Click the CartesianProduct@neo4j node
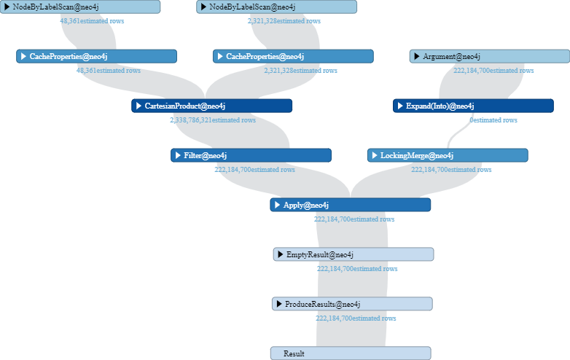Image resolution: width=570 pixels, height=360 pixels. coord(211,106)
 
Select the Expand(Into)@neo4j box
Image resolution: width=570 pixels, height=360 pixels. coord(473,106)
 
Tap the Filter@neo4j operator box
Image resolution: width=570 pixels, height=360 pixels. coord(251,155)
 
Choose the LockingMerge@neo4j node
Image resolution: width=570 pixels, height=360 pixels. coord(448,155)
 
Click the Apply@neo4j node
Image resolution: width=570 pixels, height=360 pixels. coord(351,205)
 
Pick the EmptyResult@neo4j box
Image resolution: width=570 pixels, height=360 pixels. coord(354,254)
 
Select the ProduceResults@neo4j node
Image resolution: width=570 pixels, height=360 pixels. coord(352,304)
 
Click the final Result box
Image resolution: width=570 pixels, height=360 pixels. coord(351,353)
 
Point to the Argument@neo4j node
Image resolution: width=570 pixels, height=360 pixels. coord(490,56)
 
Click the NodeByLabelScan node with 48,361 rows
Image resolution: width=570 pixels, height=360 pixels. coord(80,7)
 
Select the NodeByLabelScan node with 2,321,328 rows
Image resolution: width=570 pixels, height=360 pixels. coord(277,7)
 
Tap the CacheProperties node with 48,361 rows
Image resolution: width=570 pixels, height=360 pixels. coord(96,56)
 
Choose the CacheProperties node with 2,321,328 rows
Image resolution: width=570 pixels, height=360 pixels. coord(293,56)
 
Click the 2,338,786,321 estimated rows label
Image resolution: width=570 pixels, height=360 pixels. coord(213,120)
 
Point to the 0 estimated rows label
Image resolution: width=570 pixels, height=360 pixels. coord(493,120)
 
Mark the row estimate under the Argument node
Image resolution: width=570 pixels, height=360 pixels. coord(493,71)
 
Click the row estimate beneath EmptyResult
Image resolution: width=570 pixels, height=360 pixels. coord(357,269)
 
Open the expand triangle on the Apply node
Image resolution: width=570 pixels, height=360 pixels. coord(277,205)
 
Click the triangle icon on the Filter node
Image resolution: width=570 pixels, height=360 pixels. coord(178,155)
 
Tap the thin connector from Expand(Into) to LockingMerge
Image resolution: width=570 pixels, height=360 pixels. coord(458,133)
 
